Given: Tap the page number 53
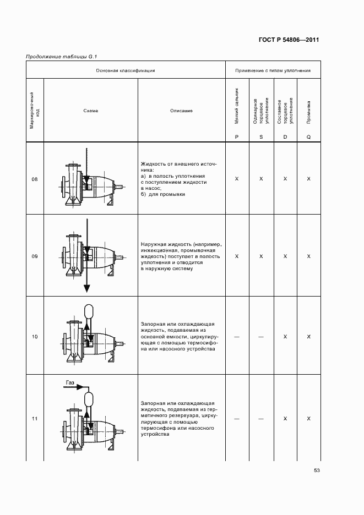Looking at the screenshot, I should pos(317,470).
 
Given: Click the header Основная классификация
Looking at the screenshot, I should pos(126,70).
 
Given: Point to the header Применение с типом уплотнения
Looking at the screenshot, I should pos(273,70).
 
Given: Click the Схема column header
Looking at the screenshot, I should pos(91,111).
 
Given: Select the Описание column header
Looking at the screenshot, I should pos(181,111).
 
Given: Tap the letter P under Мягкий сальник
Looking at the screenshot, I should pos(237,136).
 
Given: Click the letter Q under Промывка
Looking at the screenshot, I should pos(309,136).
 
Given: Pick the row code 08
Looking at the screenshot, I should pos(35,179).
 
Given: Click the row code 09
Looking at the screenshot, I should pos(35,256).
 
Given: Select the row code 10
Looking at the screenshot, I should pos(35,336).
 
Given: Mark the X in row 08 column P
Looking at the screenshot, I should pos(237,179).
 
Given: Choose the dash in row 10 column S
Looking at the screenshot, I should pos(261,336).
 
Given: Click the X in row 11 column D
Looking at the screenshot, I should pos(285,419).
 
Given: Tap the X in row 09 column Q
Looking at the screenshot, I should pos(309,256).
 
